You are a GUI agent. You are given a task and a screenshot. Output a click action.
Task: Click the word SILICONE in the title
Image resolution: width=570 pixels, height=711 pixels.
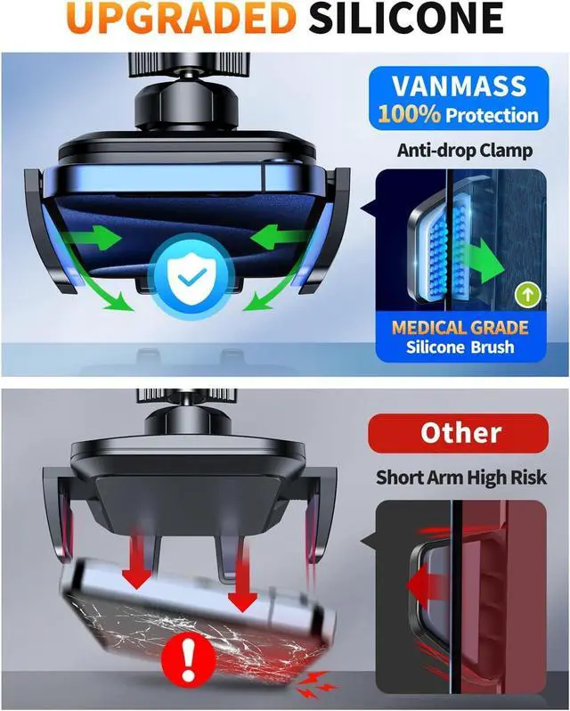406,18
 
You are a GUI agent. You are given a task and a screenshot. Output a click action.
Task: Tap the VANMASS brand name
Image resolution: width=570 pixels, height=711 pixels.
459,86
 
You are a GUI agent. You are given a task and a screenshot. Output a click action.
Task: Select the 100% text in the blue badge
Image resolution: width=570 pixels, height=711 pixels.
409,114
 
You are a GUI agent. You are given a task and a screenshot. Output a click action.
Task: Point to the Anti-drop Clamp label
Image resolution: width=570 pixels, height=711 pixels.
465,150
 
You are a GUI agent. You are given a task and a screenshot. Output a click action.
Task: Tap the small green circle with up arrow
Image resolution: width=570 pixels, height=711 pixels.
528,294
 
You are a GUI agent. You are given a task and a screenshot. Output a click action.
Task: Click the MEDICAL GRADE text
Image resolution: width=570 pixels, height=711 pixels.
460,327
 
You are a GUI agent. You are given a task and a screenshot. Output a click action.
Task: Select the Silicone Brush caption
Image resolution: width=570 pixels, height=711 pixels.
460,347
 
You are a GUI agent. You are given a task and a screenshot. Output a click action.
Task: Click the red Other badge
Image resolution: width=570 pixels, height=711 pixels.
458,433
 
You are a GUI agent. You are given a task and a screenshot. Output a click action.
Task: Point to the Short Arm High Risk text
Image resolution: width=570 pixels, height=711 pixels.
461,477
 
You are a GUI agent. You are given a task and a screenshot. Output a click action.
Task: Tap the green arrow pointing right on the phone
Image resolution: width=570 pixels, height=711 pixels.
93,238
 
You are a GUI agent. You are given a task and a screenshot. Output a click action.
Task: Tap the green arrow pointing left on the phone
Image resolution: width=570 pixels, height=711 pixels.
281,238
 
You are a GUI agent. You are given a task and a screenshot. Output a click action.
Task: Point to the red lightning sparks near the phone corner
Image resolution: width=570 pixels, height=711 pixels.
315,684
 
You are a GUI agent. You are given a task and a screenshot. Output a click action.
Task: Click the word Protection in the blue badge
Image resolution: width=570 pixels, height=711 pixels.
493,115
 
